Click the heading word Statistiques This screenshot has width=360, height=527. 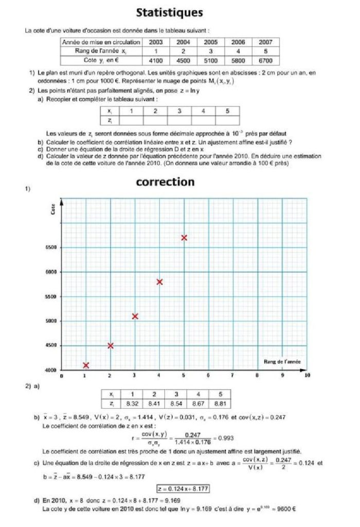(169, 12)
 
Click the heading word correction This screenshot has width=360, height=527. (165, 182)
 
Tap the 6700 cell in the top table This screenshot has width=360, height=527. (266, 60)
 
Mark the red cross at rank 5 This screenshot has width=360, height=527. (184, 237)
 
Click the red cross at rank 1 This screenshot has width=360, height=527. (86, 365)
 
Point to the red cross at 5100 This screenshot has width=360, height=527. (135, 316)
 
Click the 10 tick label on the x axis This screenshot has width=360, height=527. (307, 376)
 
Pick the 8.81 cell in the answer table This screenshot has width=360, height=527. (220, 403)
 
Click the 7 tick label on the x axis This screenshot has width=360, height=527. (233, 376)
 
